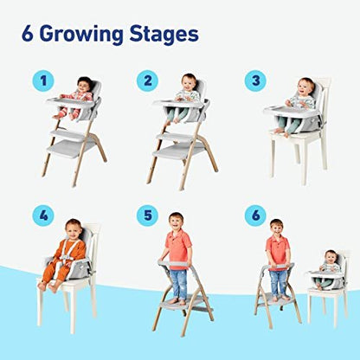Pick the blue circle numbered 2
coord(147,80)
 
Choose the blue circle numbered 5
coord(149,215)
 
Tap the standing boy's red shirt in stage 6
coord(277,250)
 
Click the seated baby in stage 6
coord(328,265)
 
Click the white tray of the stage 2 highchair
coord(177,106)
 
